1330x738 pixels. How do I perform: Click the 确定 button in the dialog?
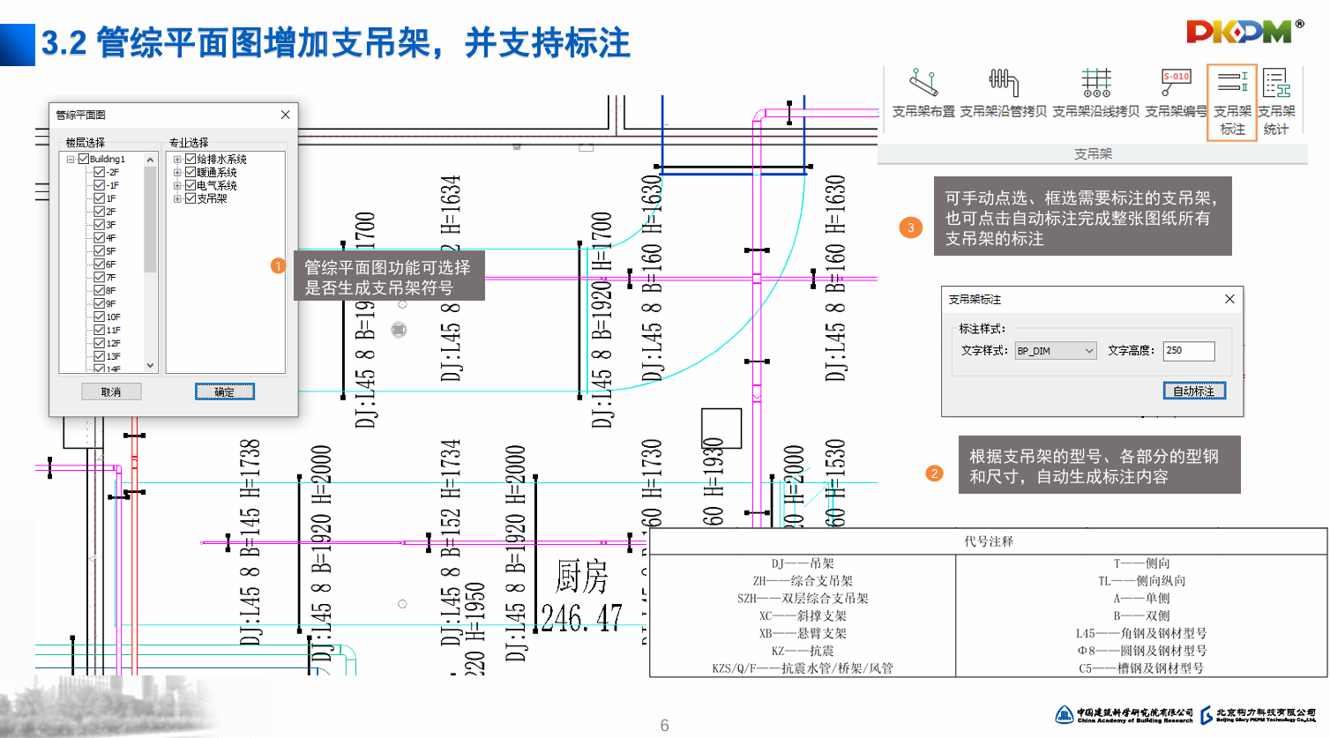pos(224,391)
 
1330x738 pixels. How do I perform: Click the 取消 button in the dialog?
pos(111,391)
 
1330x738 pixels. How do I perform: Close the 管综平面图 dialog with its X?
pos(285,115)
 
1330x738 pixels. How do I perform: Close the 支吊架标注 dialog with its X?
pos(1229,299)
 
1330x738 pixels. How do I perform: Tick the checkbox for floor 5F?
pos(100,251)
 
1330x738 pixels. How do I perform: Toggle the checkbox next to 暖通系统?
pos(190,173)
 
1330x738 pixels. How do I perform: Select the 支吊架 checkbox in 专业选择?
pos(190,198)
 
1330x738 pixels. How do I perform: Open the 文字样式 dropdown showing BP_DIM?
pos(1056,351)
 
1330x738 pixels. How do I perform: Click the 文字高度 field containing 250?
pos(1187,351)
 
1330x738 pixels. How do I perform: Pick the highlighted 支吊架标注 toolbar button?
pos(1232,101)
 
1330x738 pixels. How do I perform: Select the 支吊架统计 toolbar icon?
pos(1276,101)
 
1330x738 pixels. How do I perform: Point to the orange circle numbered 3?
pos(911,227)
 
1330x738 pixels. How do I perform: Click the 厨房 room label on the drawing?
pos(582,578)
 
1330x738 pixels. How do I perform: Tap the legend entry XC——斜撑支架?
pos(803,615)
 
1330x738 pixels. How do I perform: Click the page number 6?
pos(664,725)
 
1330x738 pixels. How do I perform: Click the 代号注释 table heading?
pos(988,541)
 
